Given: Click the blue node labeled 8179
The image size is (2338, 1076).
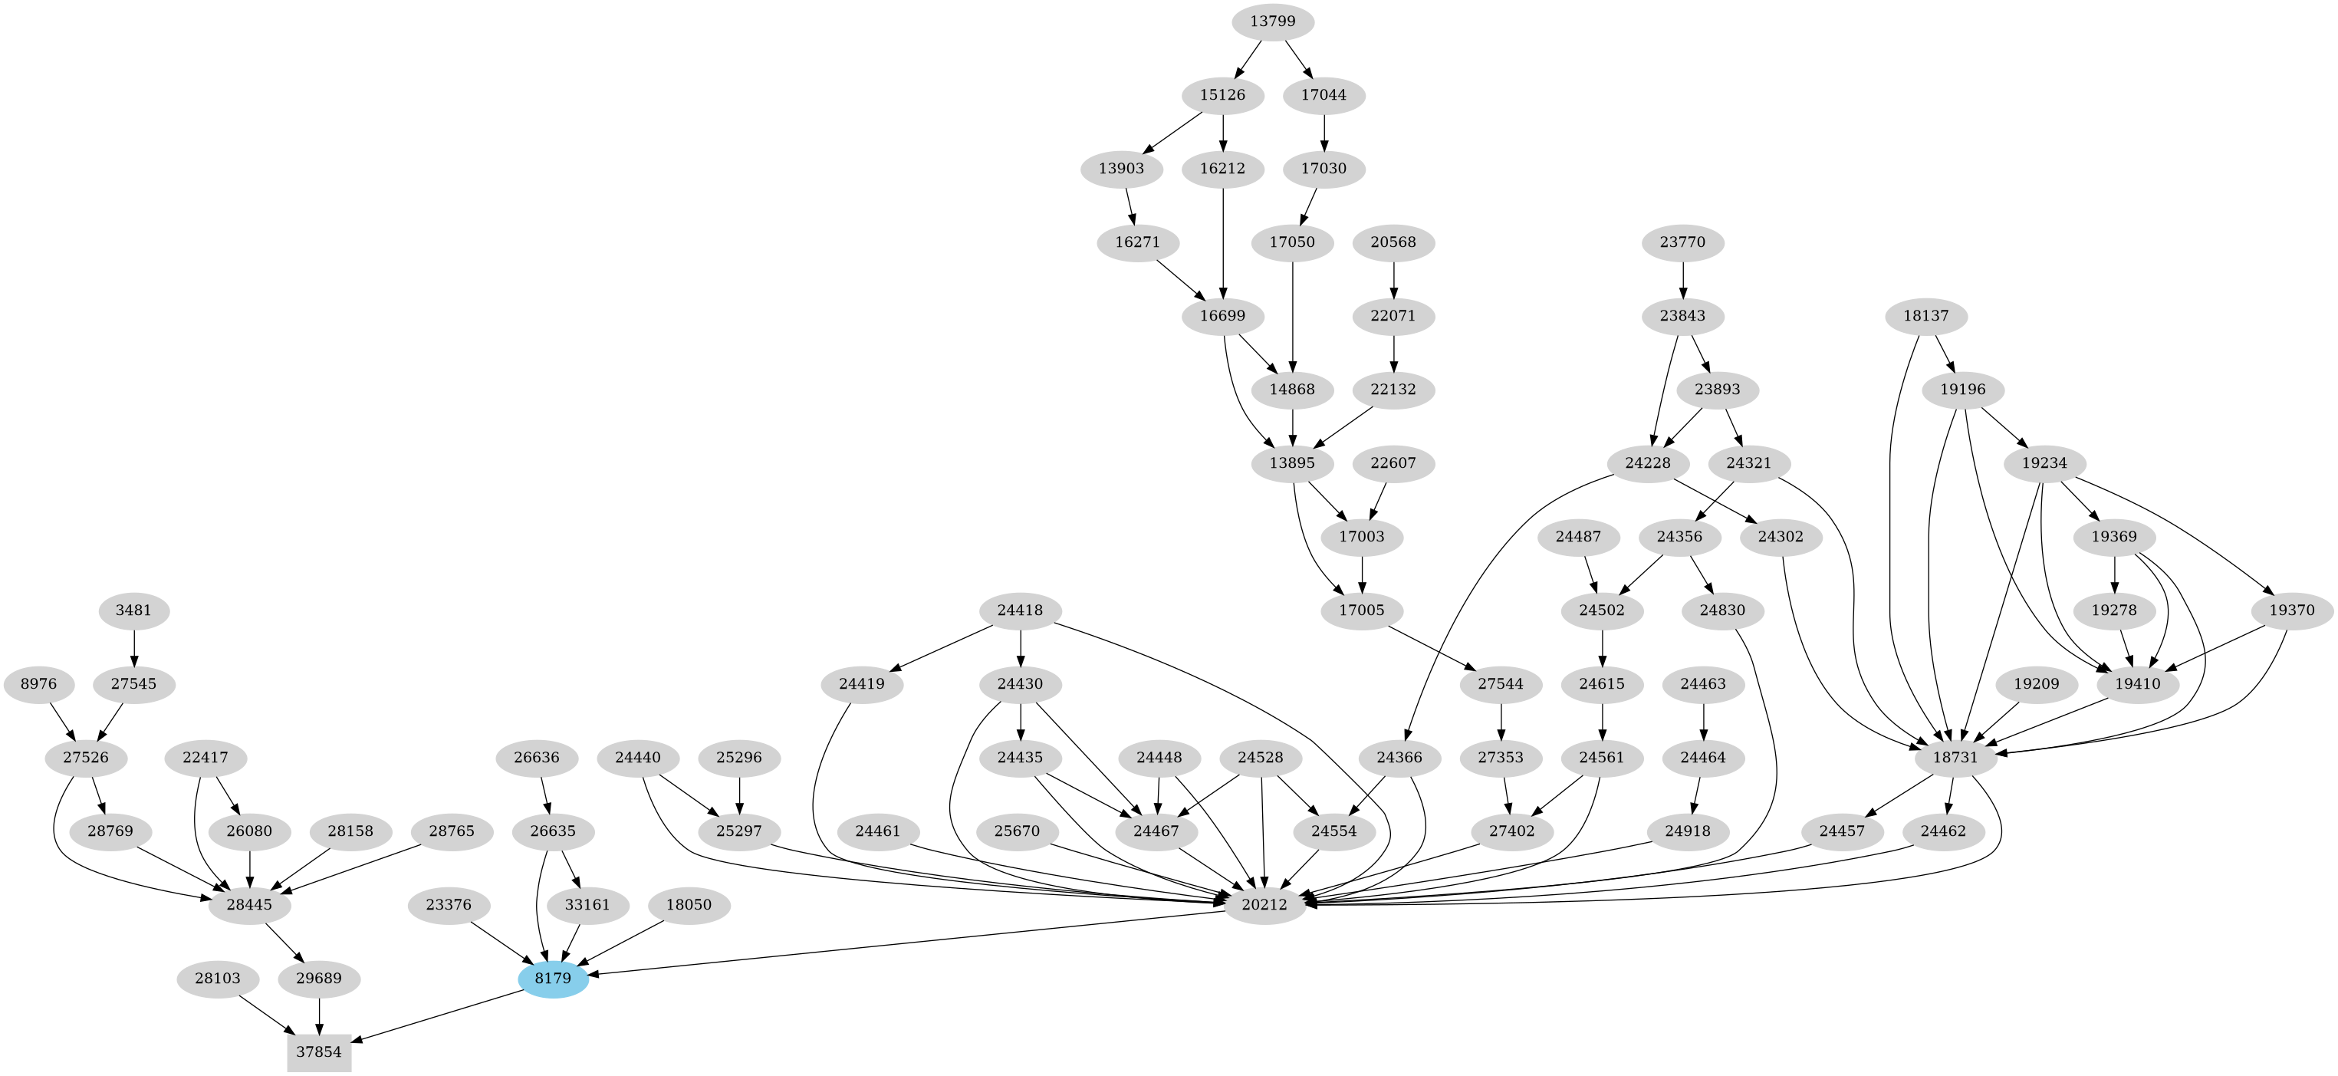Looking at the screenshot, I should tap(553, 979).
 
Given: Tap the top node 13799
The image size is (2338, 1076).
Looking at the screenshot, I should tap(1272, 21).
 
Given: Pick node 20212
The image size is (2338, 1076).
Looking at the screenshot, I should tap(1264, 904).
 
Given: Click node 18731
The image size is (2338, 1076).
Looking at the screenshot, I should tap(1954, 757).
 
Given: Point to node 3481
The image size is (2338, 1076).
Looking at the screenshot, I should tap(133, 610).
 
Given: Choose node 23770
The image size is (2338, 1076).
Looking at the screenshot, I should tap(1682, 242).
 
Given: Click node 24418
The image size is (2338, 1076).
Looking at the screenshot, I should tap(1021, 610).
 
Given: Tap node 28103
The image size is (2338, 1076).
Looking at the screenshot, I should tap(217, 979).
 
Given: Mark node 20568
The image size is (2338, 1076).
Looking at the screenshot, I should tap(1393, 242).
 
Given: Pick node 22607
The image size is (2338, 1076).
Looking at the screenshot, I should tap(1393, 463).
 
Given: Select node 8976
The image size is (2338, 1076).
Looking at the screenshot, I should tap(38, 684).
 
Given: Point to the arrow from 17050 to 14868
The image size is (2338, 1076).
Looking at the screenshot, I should tap(1292, 318).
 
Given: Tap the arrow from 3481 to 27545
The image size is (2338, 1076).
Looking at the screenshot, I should tap(133, 647).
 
